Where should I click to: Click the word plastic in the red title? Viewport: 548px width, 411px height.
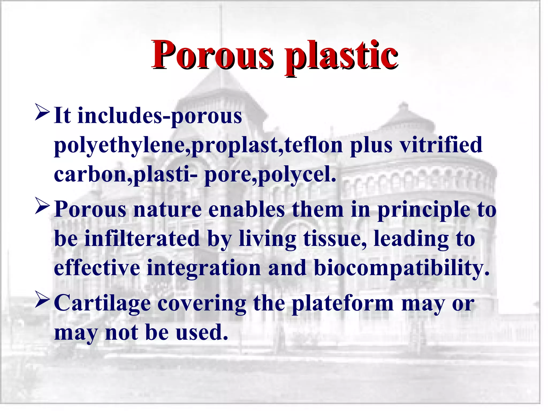click(x=341, y=56)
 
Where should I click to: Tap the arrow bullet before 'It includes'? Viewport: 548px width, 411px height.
click(x=42, y=113)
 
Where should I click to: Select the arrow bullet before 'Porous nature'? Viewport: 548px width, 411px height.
click(x=42, y=206)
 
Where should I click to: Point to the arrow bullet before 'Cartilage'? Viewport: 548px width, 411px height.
click(x=42, y=300)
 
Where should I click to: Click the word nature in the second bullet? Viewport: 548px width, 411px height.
click(x=168, y=210)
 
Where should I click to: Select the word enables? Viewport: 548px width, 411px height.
click(x=246, y=210)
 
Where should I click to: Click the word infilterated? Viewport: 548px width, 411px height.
click(x=142, y=238)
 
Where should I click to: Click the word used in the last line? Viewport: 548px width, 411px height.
click(x=202, y=333)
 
